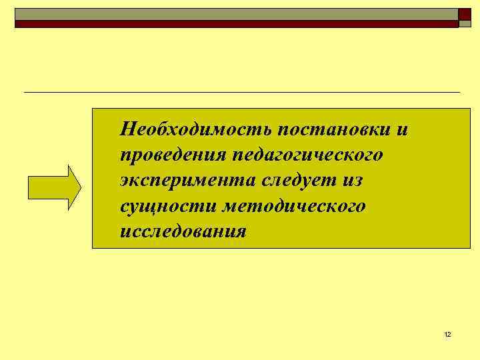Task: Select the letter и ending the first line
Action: (x=402, y=129)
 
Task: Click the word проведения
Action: (x=171, y=155)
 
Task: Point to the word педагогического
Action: (x=307, y=155)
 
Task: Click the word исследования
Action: (x=183, y=232)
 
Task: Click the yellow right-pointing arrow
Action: (x=53, y=187)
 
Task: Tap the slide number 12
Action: (x=447, y=334)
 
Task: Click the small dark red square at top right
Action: (x=465, y=15)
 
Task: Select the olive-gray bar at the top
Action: (x=236, y=14)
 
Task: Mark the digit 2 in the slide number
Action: (x=449, y=334)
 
